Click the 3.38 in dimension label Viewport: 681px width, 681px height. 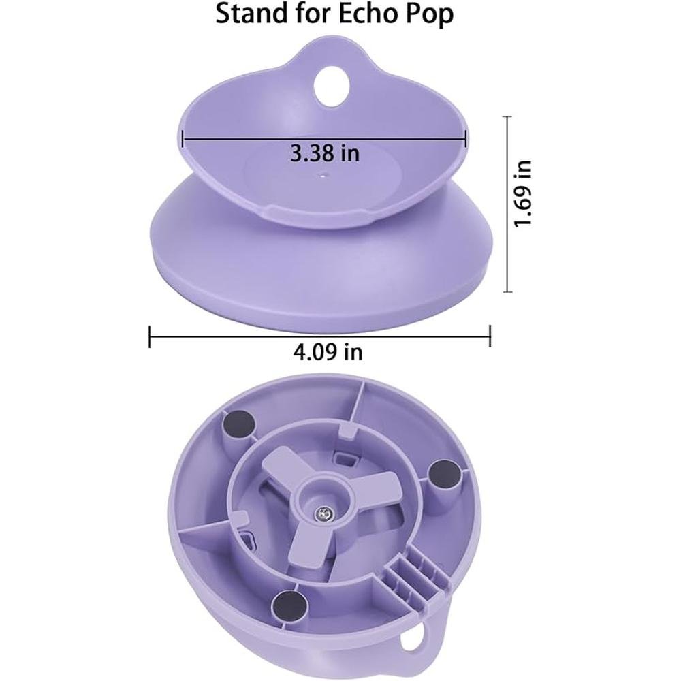[324, 153]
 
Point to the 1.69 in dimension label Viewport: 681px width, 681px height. [523, 193]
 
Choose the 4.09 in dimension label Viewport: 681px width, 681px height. [328, 352]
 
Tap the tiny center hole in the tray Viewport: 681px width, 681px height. [323, 176]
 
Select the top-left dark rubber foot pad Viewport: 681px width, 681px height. [238, 422]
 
